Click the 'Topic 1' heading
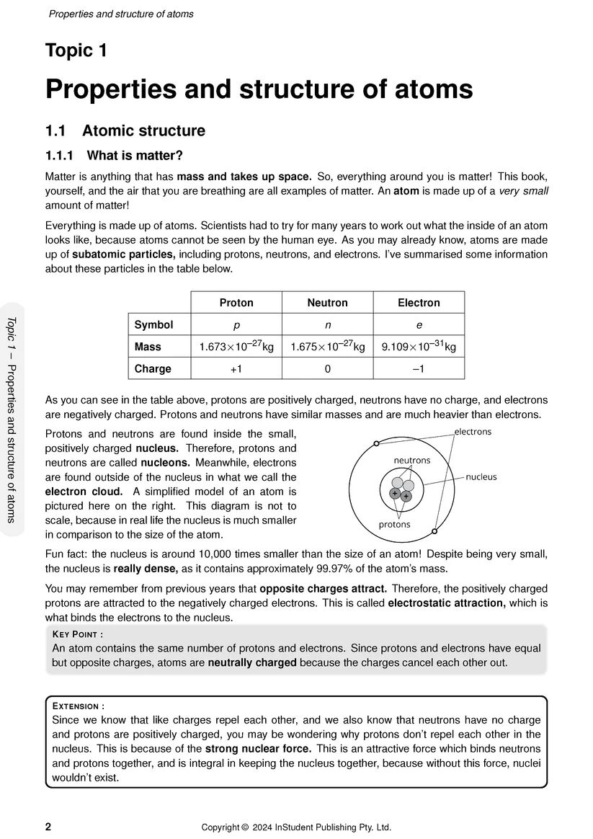pyautogui.click(x=76, y=51)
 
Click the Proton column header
pyautogui.click(x=236, y=303)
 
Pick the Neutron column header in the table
pyautogui.click(x=327, y=303)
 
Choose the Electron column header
pyautogui.click(x=419, y=303)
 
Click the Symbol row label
pyautogui.click(x=153, y=324)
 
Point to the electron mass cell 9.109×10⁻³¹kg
pyautogui.click(x=419, y=347)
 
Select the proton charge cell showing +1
pyautogui.click(x=236, y=368)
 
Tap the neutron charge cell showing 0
pyautogui.click(x=327, y=368)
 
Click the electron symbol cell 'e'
pyautogui.click(x=419, y=324)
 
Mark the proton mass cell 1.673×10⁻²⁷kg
pyautogui.click(x=236, y=347)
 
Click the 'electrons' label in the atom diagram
pyautogui.click(x=473, y=432)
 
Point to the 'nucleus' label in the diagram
pyautogui.click(x=481, y=476)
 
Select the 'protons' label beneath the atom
pyautogui.click(x=394, y=525)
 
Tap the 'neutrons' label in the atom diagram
pyautogui.click(x=411, y=460)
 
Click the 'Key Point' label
pyautogui.click(x=78, y=634)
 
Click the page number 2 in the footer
pyautogui.click(x=48, y=827)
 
